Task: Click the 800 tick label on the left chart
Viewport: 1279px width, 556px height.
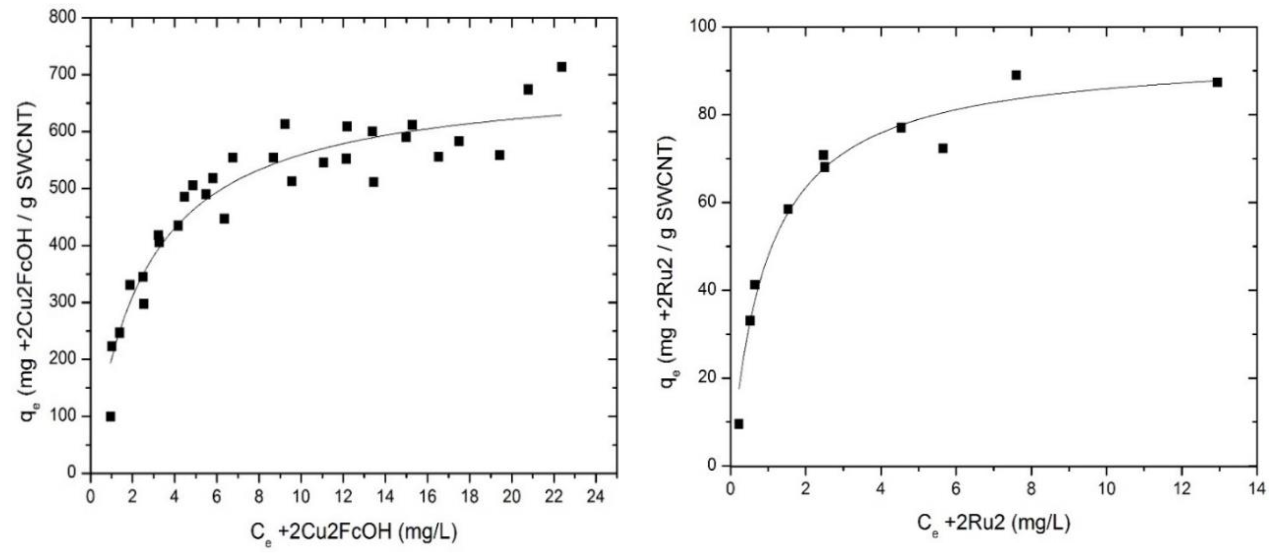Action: (x=63, y=18)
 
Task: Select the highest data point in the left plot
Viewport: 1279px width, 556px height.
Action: (x=561, y=67)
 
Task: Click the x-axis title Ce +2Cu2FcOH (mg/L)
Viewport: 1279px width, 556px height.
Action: (x=354, y=532)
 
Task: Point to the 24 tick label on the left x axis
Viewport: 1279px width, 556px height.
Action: (x=595, y=496)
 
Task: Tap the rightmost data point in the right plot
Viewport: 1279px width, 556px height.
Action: (x=1217, y=82)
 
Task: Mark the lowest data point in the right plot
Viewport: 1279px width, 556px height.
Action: (x=739, y=424)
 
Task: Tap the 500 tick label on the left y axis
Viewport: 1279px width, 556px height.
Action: (x=63, y=188)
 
